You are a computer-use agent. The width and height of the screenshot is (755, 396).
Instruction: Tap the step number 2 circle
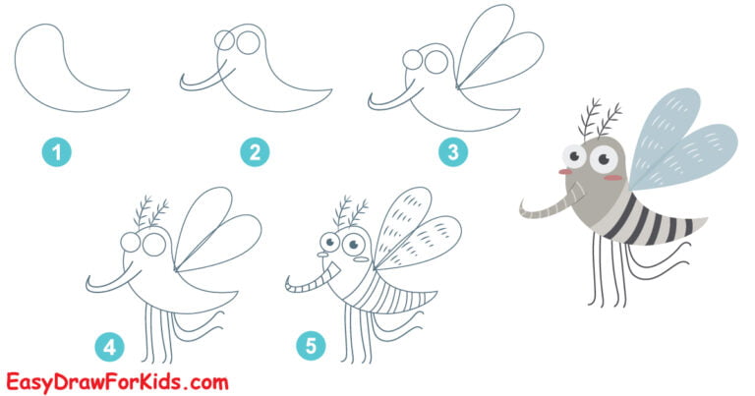(255, 152)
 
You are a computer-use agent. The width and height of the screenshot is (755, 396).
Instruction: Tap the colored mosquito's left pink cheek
(565, 172)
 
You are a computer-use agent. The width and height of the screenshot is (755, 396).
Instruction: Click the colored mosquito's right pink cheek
(615, 178)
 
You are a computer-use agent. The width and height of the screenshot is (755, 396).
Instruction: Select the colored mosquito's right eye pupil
(603, 157)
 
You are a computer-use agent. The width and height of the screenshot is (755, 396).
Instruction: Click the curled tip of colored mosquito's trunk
(523, 207)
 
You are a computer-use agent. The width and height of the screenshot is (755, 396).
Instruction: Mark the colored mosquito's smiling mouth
(587, 185)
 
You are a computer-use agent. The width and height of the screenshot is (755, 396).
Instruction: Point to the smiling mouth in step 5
(338, 263)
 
